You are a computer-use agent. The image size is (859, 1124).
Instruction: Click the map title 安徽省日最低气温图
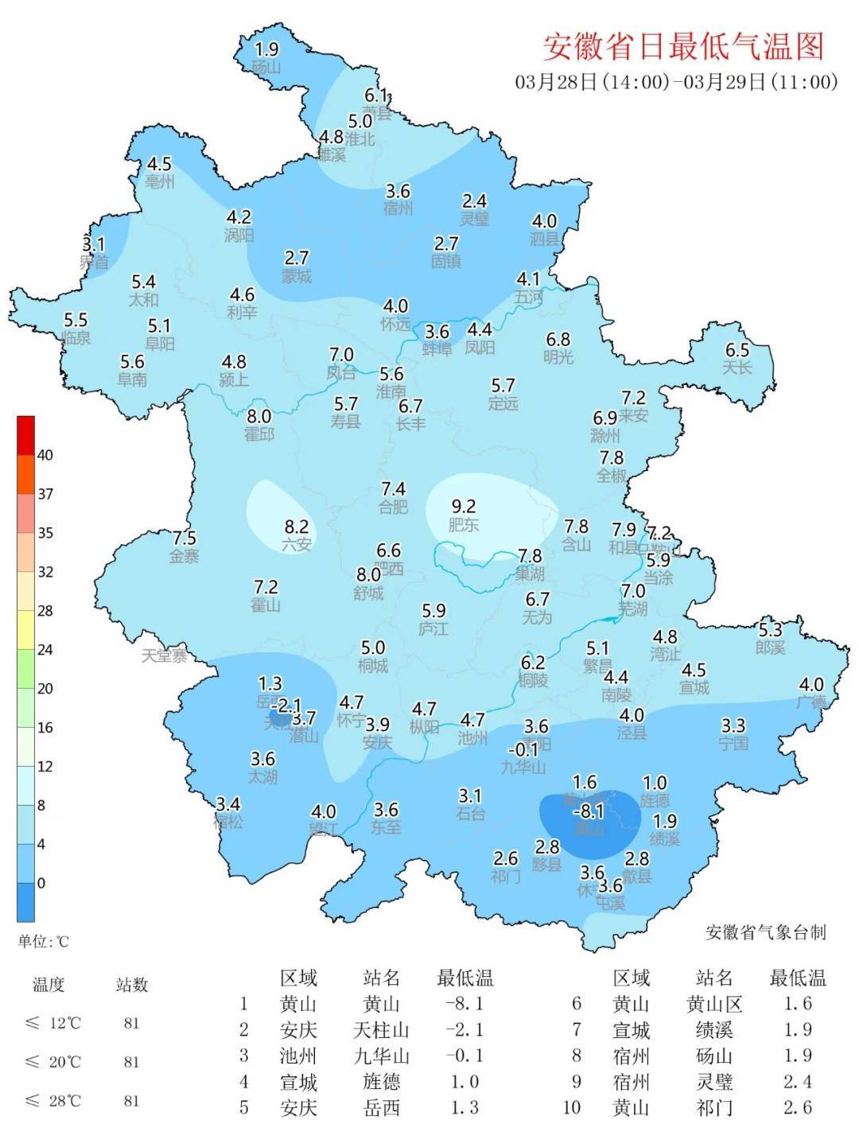pos(683,46)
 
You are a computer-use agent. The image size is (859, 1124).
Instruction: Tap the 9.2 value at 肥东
pos(463,506)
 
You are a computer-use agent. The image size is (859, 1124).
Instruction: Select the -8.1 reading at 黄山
pos(589,811)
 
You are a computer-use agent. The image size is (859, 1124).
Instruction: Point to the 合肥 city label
pos(393,507)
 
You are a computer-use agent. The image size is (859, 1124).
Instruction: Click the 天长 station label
pos(737,368)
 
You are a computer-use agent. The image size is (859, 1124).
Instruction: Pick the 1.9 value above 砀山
pos(266,49)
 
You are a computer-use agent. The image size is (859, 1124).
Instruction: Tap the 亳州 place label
pos(160,181)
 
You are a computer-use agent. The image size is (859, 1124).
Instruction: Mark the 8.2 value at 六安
pos(296,527)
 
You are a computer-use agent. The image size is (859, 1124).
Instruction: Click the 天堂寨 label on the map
pos(165,656)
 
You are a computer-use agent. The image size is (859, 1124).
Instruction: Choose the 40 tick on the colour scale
pos(45,455)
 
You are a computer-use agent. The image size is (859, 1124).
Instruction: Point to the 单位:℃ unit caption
pos(44,942)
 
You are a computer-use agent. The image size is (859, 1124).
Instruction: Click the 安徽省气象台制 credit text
pos(765,932)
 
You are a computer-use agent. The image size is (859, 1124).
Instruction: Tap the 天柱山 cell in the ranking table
pos(381,1030)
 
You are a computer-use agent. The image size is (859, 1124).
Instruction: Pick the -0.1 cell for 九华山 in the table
pos(465,1056)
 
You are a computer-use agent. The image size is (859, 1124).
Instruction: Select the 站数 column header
pos(132,985)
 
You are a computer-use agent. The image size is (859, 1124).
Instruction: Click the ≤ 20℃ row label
pos(53,1062)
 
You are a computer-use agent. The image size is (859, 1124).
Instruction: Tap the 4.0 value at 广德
pos(811,685)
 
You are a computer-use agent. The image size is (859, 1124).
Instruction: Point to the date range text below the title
pos(676,81)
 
